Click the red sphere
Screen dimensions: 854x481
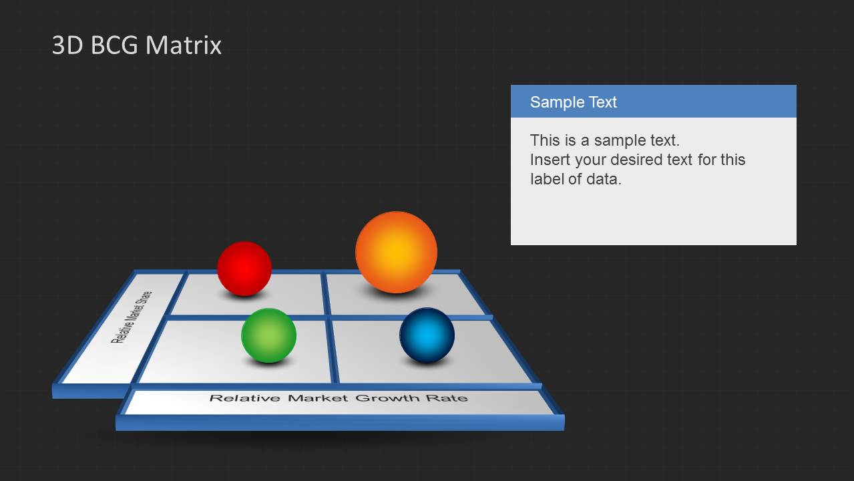[x=244, y=269]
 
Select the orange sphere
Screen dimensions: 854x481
[x=397, y=253]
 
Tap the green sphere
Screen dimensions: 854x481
[x=269, y=335]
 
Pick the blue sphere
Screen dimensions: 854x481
[x=427, y=335]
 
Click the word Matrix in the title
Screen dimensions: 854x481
[x=184, y=45]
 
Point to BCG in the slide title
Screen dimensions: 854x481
[x=114, y=45]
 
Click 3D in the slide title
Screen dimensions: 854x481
[x=67, y=45]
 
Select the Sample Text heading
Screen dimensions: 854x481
[x=574, y=102]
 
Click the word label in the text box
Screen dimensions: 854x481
[x=546, y=179]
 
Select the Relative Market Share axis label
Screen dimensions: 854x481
[x=132, y=317]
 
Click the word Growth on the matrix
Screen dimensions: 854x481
[x=387, y=398]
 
